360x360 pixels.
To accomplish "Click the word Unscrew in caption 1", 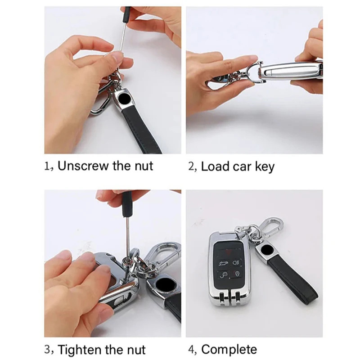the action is coord(83,166).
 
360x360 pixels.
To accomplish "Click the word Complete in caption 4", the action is coord(229,350).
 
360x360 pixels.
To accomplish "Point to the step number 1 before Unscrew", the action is coord(47,166).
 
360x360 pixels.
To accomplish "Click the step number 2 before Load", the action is coord(191,166).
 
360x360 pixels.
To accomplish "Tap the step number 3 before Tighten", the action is coord(47,349).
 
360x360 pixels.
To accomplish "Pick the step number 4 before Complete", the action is coord(191,350).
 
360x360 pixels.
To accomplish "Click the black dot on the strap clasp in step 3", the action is coord(163,284).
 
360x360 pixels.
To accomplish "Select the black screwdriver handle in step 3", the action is coord(127,204).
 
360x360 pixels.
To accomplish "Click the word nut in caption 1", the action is coord(144,166).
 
